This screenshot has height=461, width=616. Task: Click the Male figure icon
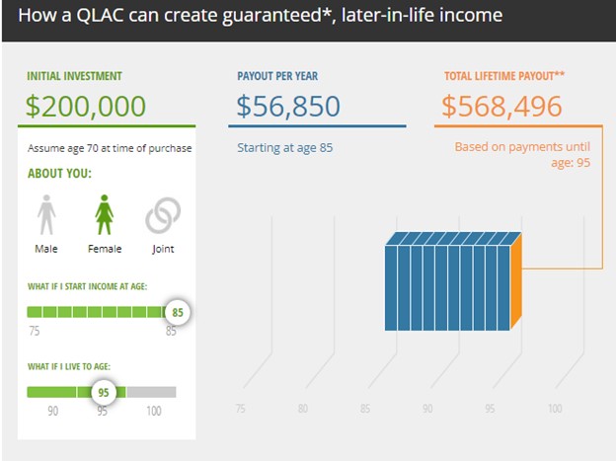(x=46, y=214)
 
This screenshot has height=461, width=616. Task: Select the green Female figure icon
(x=104, y=214)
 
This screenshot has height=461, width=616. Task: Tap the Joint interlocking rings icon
(x=163, y=215)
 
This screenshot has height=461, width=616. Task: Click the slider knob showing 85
(x=177, y=313)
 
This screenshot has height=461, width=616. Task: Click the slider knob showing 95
(x=104, y=392)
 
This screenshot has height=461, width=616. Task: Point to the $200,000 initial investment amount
(x=86, y=106)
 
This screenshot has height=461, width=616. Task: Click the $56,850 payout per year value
(x=288, y=106)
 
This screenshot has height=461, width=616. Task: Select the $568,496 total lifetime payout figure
(x=501, y=106)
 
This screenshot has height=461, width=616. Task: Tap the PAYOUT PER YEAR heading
(x=277, y=76)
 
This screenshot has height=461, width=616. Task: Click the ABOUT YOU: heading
(x=59, y=174)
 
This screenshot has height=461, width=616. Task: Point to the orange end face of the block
(x=516, y=281)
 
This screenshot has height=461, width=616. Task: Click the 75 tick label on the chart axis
(x=241, y=409)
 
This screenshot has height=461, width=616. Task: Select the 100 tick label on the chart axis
(x=555, y=409)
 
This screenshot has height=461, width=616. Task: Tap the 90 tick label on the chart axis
(x=427, y=409)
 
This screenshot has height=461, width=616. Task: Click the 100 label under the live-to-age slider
(x=154, y=411)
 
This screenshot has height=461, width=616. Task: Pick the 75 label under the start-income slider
(x=35, y=331)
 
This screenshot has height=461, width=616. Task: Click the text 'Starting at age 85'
(x=285, y=148)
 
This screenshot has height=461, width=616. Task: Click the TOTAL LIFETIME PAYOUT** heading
(x=504, y=75)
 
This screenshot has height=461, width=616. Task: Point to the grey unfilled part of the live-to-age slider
(x=151, y=392)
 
